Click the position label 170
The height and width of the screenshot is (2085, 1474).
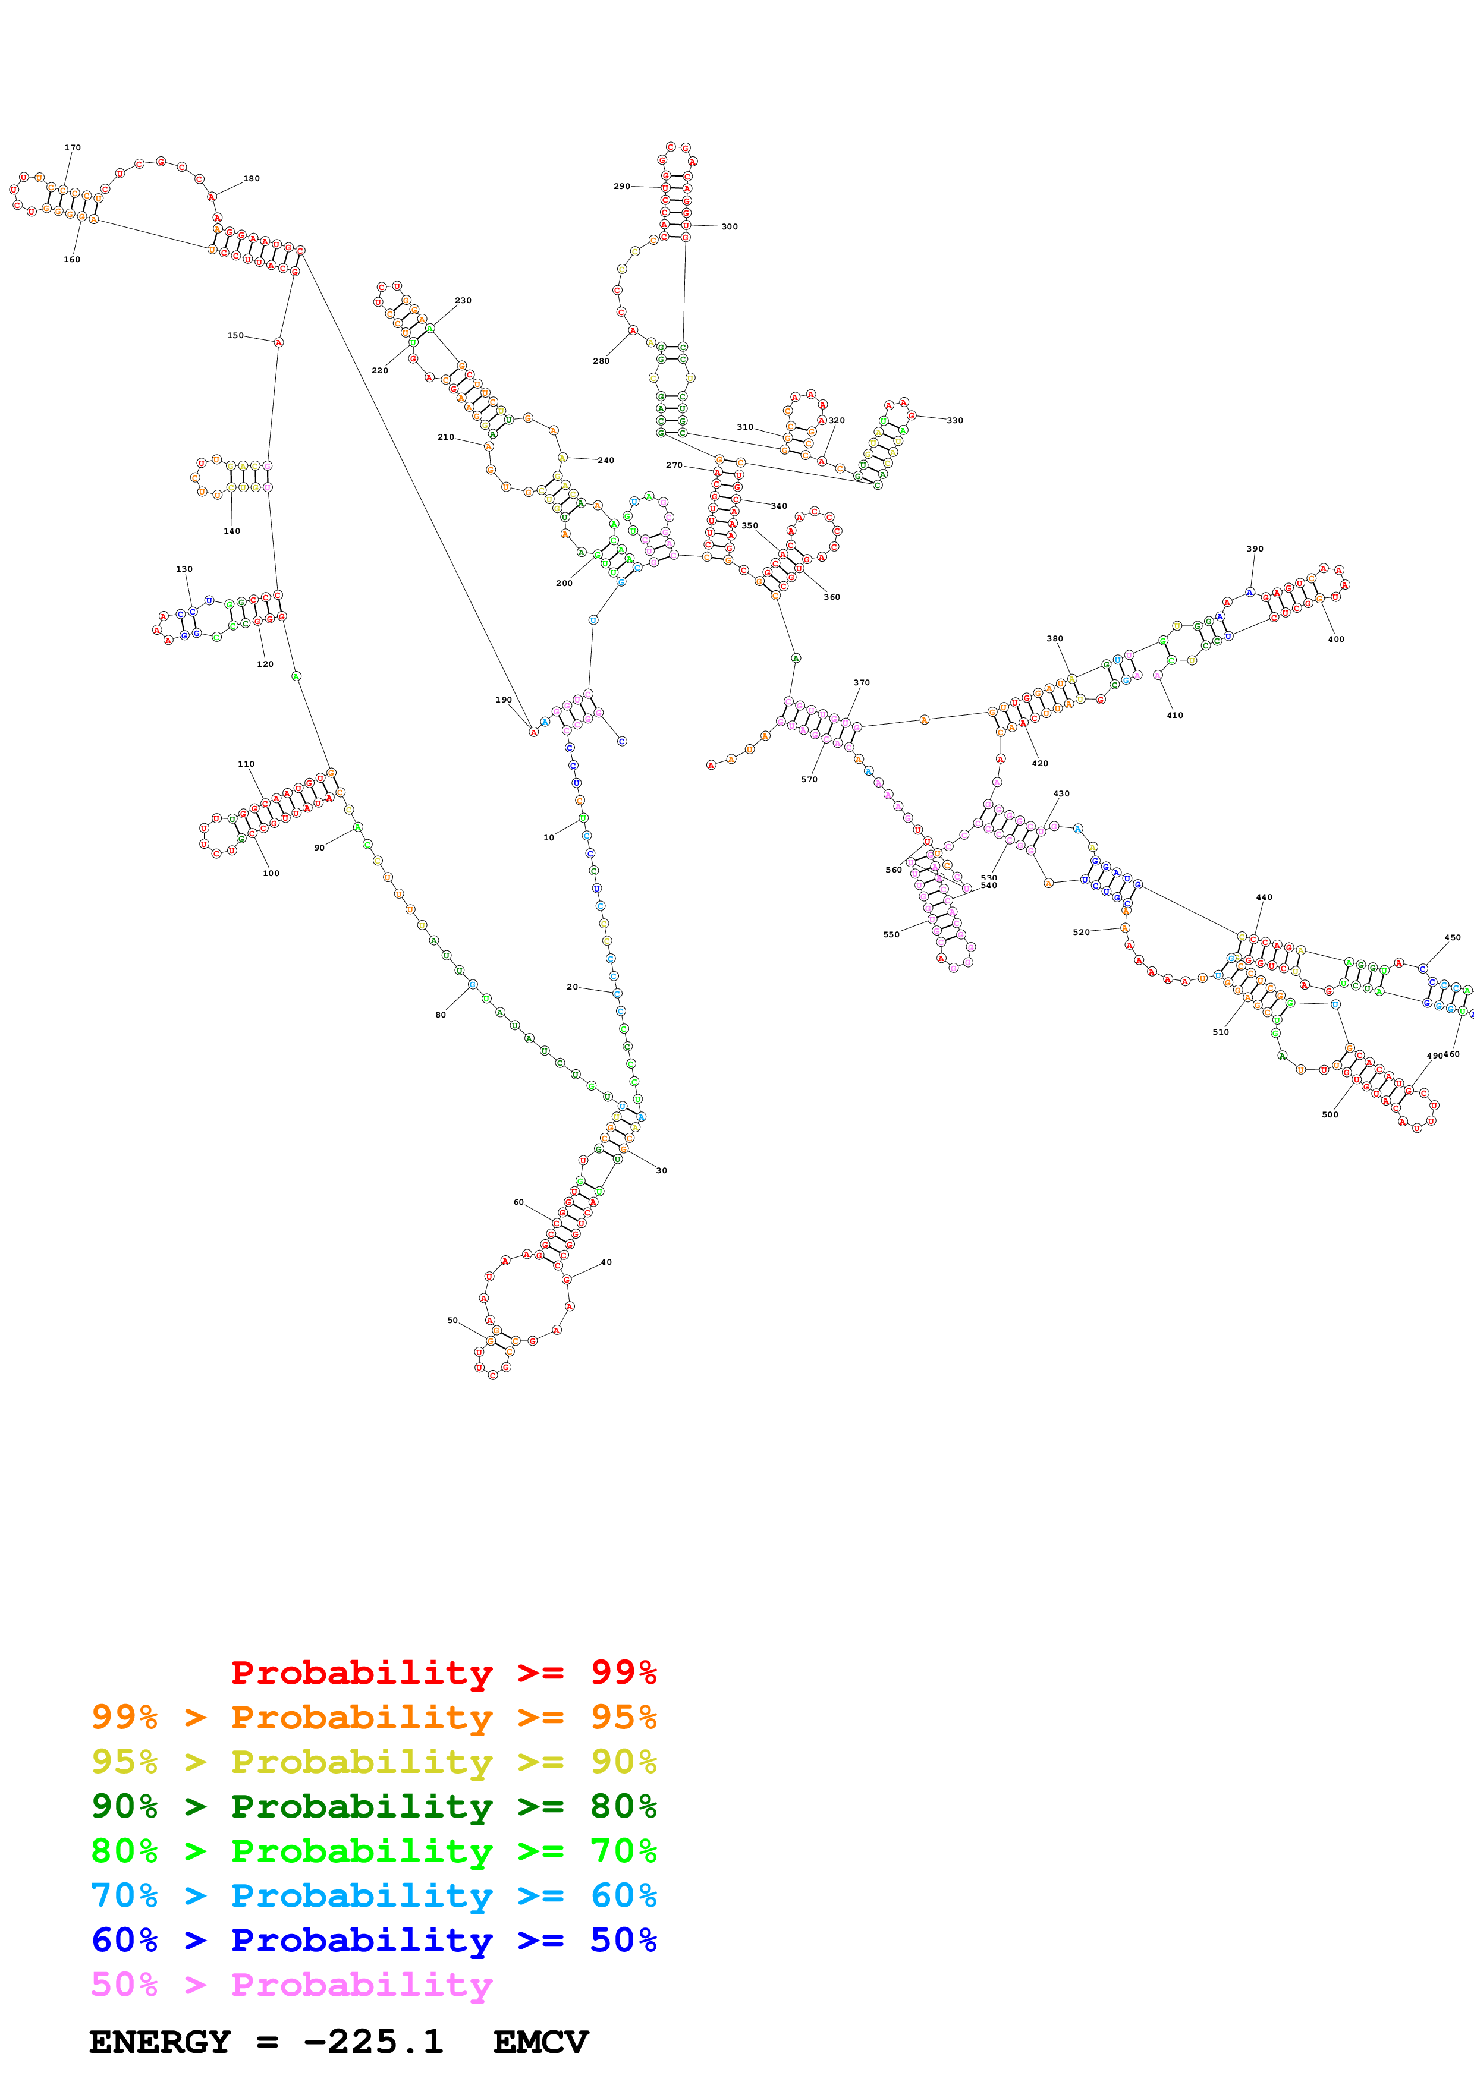point(73,147)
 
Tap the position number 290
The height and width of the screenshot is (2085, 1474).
point(621,186)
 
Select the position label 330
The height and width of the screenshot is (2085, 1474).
point(954,420)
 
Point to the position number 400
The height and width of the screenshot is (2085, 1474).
point(1336,640)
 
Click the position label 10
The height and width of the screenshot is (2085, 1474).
point(549,837)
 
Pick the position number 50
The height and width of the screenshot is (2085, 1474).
point(452,1321)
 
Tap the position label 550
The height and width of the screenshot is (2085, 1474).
point(891,934)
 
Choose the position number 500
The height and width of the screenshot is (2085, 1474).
point(1330,1114)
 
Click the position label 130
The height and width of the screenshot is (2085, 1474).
point(184,569)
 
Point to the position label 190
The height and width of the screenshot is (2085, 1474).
point(503,700)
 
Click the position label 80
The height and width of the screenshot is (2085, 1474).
point(441,1015)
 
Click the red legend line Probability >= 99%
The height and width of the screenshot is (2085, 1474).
point(443,1673)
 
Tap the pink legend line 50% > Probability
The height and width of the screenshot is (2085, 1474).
point(291,1984)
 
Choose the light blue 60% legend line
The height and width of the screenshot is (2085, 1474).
point(373,1895)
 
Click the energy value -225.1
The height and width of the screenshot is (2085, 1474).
point(373,2042)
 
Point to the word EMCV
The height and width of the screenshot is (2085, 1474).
point(540,2042)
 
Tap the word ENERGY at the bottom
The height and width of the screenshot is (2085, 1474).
point(160,2042)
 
